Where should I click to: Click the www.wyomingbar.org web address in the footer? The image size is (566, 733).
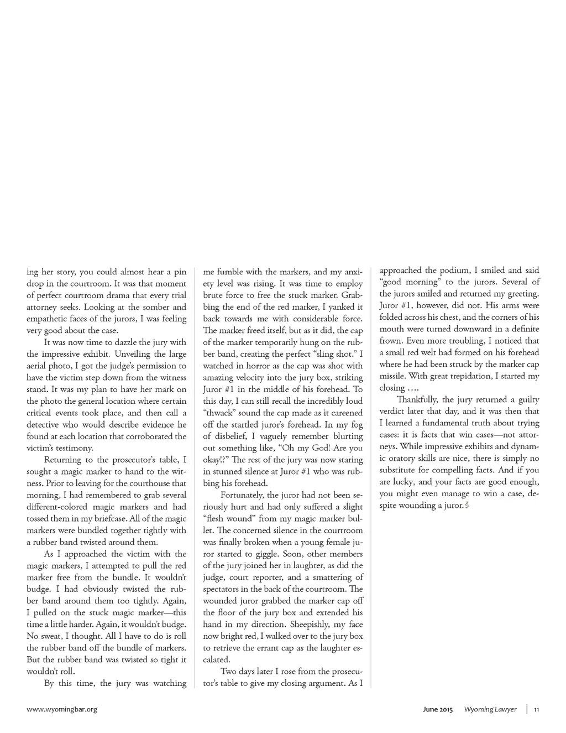click(x=62, y=709)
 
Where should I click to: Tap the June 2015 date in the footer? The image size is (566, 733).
click(x=434, y=709)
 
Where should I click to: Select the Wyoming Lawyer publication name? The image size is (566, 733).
click(x=490, y=709)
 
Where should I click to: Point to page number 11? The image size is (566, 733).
click(x=537, y=709)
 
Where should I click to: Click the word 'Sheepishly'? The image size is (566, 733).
click(x=294, y=625)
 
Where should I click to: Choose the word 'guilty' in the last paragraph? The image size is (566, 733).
click(x=528, y=399)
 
